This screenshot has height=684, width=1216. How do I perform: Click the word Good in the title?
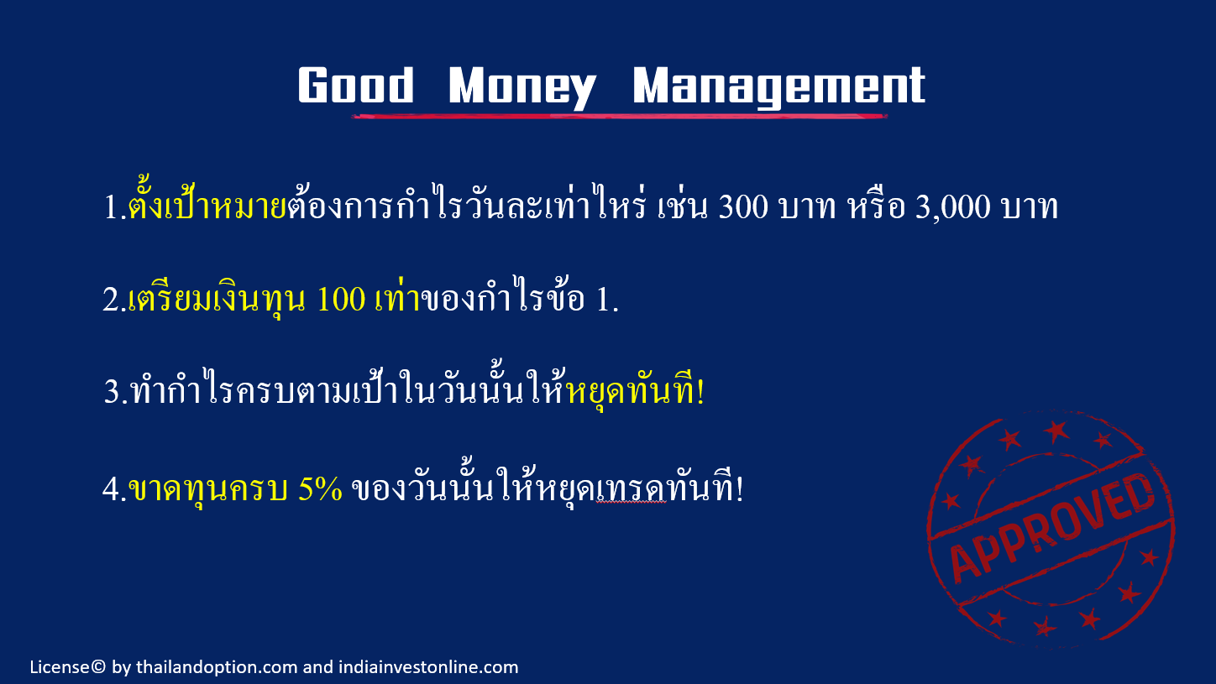356,85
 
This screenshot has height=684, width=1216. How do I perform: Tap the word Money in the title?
522,88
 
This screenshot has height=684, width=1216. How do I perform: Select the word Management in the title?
779,88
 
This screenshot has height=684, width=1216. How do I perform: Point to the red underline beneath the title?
620,116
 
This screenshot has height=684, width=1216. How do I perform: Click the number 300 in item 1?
743,206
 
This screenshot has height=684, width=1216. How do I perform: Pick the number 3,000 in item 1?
952,207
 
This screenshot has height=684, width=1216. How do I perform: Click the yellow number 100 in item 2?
340,299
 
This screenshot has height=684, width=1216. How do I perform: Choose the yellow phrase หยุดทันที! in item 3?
635,389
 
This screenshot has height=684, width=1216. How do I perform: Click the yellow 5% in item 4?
320,488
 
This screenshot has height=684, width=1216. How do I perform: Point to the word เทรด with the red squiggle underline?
631,490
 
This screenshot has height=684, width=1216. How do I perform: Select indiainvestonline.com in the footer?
428,666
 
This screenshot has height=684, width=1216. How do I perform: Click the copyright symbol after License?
98,666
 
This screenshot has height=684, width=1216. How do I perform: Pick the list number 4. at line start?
114,489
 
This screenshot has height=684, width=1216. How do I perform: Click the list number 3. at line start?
116,392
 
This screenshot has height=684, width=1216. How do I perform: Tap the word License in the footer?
60,666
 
